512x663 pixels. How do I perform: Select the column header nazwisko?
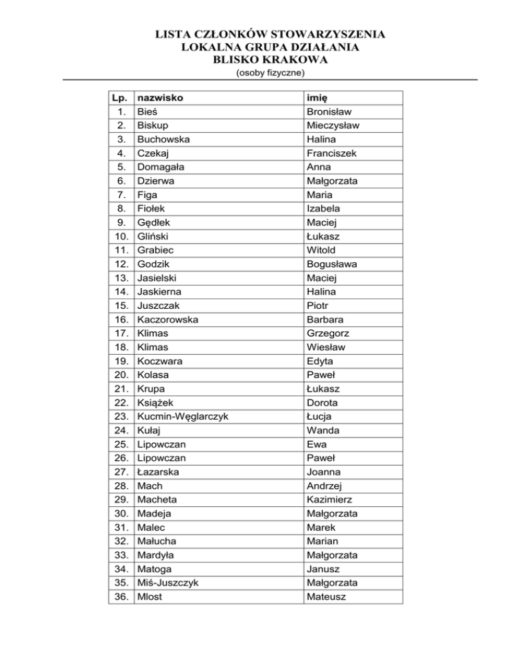[x=160, y=98]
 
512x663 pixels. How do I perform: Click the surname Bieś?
[x=147, y=111]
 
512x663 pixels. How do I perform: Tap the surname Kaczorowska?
[x=167, y=319]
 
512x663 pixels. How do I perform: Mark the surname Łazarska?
[x=158, y=472]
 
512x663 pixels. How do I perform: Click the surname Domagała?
[x=162, y=167]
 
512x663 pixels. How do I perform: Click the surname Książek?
[x=157, y=402]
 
